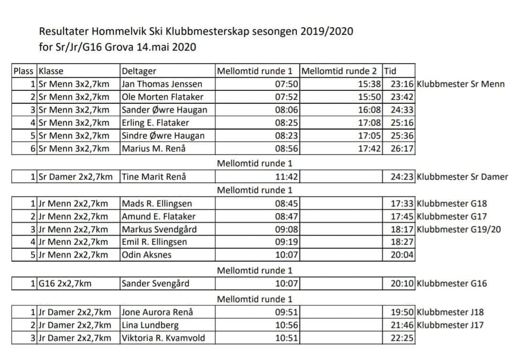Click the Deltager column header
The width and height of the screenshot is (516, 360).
[x=139, y=71]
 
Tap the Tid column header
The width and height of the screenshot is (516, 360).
[x=390, y=71]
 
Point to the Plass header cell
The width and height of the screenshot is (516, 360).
[x=23, y=71]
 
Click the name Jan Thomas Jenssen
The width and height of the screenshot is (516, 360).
[x=162, y=84]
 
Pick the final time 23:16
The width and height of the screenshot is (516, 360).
[x=402, y=84]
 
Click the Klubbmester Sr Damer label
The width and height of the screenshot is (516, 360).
[x=462, y=177]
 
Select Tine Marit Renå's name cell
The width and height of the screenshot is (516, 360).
[x=154, y=177]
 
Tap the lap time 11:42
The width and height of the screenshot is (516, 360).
[x=287, y=177]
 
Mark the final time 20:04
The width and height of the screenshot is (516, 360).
[x=402, y=255]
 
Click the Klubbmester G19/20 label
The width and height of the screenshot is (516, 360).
[x=459, y=229]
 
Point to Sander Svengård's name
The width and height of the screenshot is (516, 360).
[x=155, y=284]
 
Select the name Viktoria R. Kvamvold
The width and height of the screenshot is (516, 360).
[x=163, y=338]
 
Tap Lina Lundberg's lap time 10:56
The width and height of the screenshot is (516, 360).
[x=287, y=326]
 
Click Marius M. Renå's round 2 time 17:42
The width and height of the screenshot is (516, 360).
[x=370, y=149]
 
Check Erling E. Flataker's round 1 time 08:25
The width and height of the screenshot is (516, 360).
[x=287, y=123]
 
